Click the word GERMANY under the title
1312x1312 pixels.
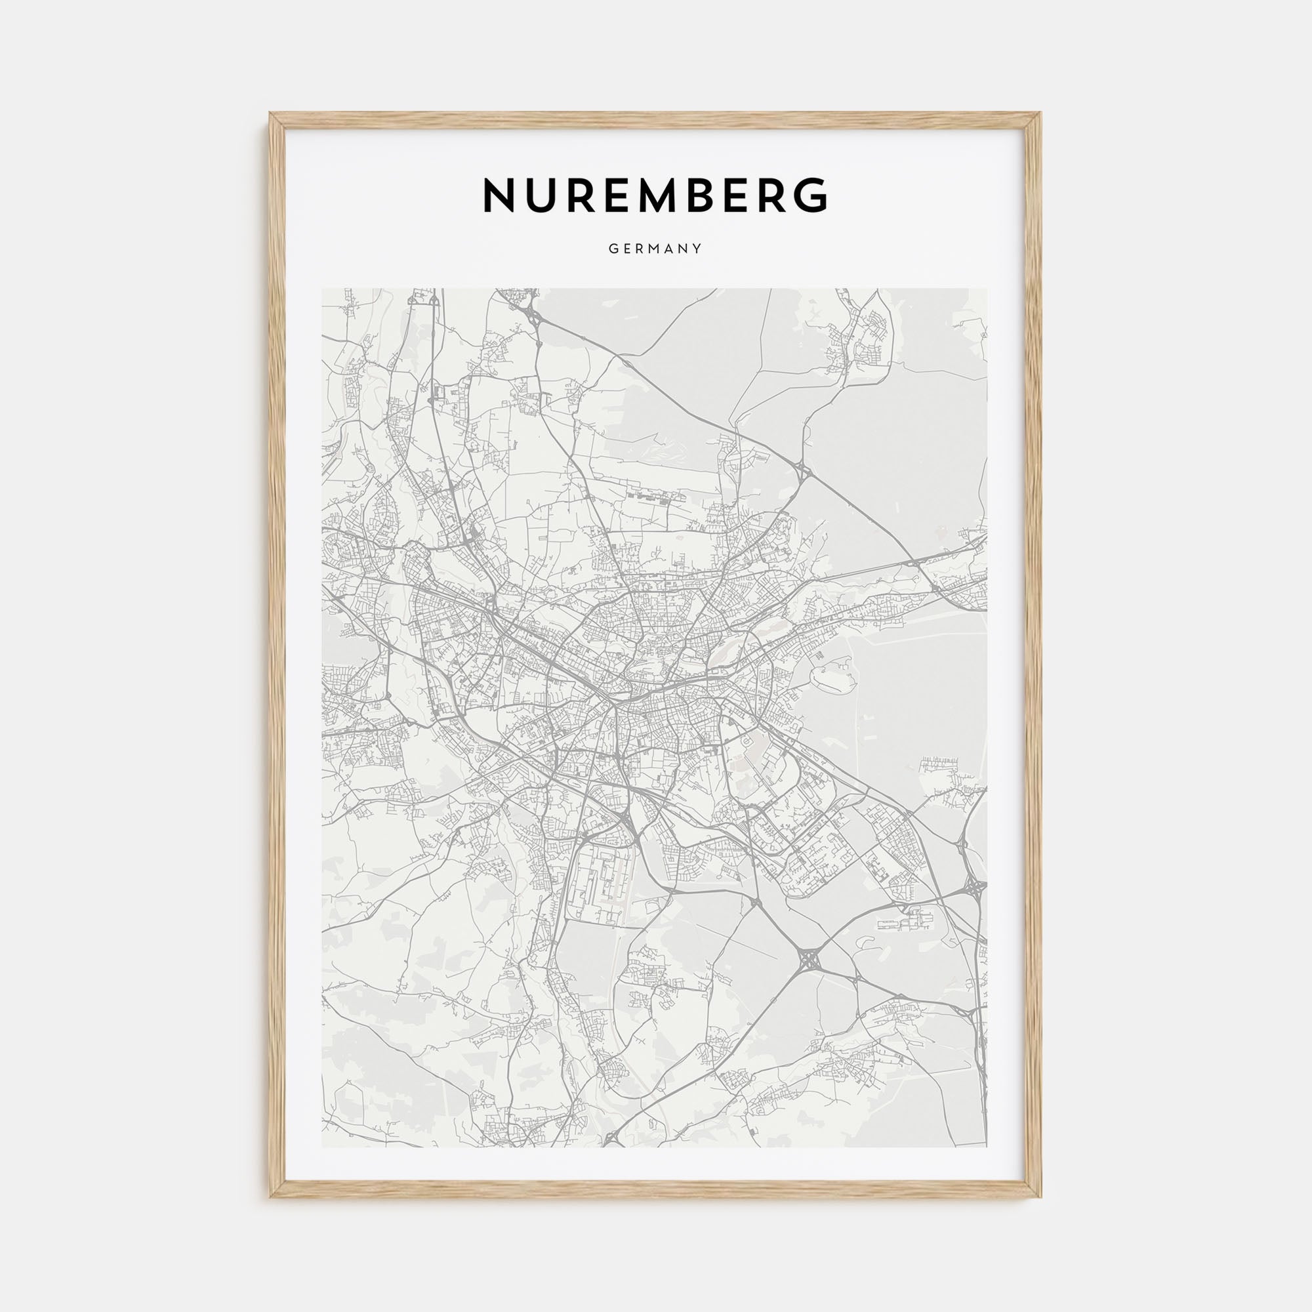655,249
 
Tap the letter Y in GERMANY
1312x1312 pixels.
698,249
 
